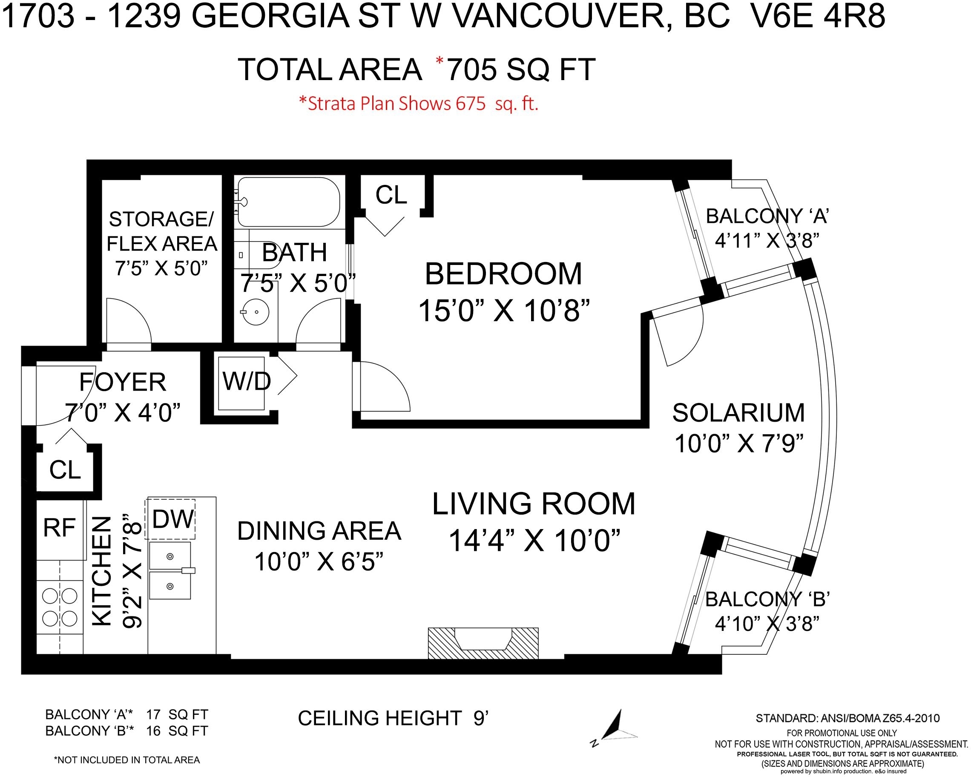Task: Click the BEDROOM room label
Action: coord(503,274)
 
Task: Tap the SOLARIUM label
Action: coord(738,413)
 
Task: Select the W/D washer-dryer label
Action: coord(247,381)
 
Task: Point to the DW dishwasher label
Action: coord(173,519)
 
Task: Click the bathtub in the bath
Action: coord(289,202)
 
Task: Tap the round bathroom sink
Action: coord(256,311)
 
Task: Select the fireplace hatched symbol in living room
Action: coord(483,643)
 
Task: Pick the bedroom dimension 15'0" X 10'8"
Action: coord(504,311)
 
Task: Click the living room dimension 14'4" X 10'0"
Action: coord(534,541)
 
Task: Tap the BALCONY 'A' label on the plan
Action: coord(767,216)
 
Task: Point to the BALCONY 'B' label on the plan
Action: coord(767,599)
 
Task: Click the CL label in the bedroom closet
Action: coord(391,195)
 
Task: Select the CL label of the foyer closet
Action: coord(65,470)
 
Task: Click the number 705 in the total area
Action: coord(471,70)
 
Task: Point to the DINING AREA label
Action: coord(319,531)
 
